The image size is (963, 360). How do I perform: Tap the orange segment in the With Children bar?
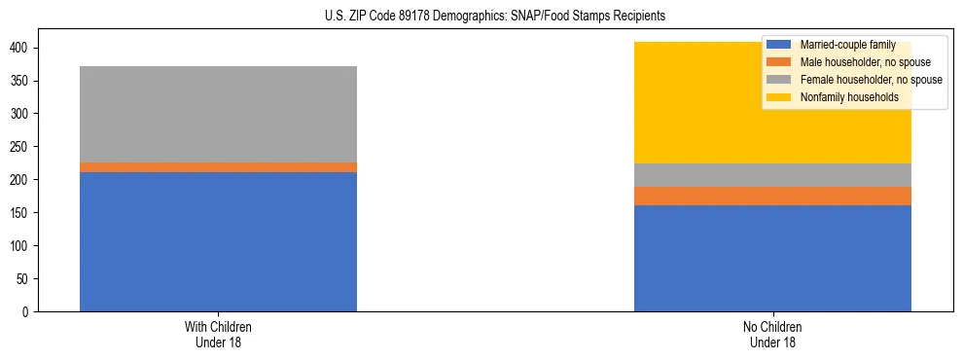click(218, 167)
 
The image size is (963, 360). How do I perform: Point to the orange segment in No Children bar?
click(772, 196)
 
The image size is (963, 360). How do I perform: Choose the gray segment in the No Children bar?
click(772, 175)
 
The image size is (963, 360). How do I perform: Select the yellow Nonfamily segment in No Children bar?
click(681, 102)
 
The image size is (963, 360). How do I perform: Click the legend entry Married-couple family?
click(847, 45)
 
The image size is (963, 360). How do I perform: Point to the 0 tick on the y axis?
click(27, 312)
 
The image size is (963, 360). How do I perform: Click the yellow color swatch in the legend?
click(779, 97)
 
